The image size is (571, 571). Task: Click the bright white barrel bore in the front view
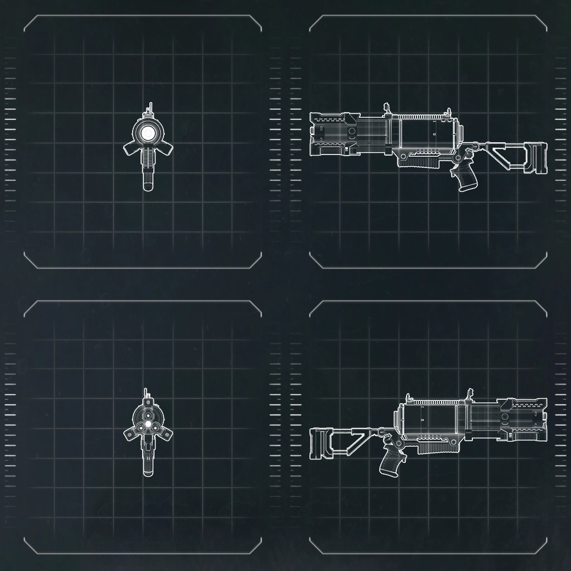tap(148, 133)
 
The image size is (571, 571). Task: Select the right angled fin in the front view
tap(166, 149)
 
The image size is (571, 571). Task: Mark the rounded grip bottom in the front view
tap(148, 185)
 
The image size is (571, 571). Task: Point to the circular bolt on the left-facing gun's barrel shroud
tap(352, 132)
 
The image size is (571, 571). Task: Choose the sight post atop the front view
tap(149, 108)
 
